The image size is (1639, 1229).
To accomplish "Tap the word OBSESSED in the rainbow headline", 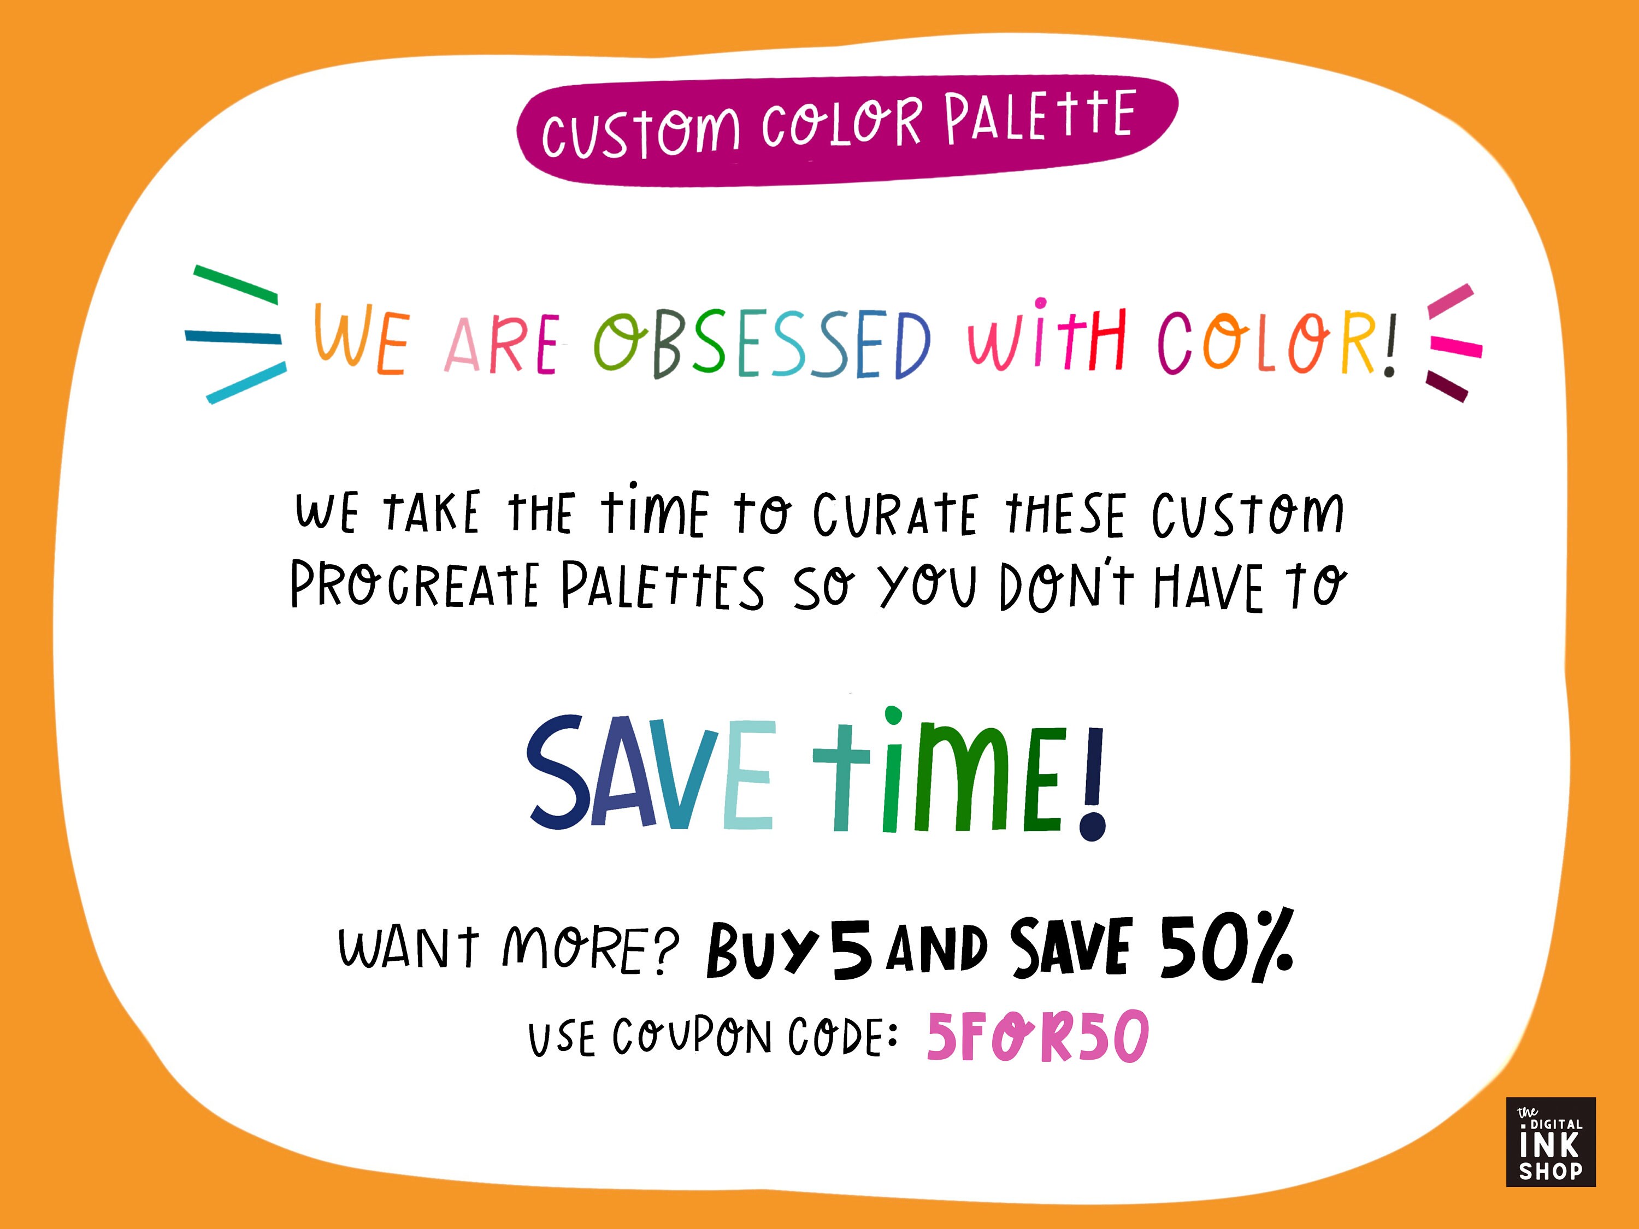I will pyautogui.click(x=761, y=345).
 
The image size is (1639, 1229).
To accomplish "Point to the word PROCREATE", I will pyautogui.click(x=414, y=585).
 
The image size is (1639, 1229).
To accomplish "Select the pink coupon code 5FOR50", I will pyautogui.click(x=1037, y=1037).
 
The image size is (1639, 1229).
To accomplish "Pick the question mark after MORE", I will pyautogui.click(x=665, y=950).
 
